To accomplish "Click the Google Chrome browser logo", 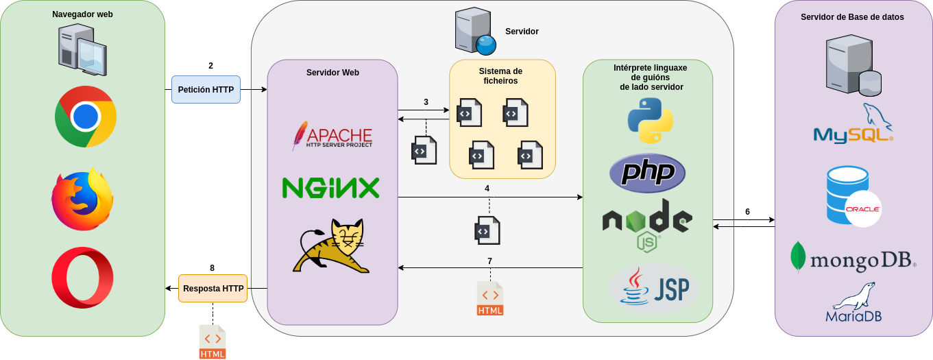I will pos(86,117).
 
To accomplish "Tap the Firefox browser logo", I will pos(82,200).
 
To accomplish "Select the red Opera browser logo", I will pos(82,278).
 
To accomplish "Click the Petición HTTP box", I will pos(206,89).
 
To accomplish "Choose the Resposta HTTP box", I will pos(213,289).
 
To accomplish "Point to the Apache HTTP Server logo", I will pos(332,136).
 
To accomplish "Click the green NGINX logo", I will pos(330,188).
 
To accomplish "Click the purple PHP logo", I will pos(647,173).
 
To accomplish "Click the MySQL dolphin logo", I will pos(853,124).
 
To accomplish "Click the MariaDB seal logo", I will pos(853,302).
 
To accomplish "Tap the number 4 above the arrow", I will pos(487,188).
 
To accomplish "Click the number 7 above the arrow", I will pos(489,261).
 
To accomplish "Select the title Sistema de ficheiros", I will pos(500,75).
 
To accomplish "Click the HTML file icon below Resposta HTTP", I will pos(213,341).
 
